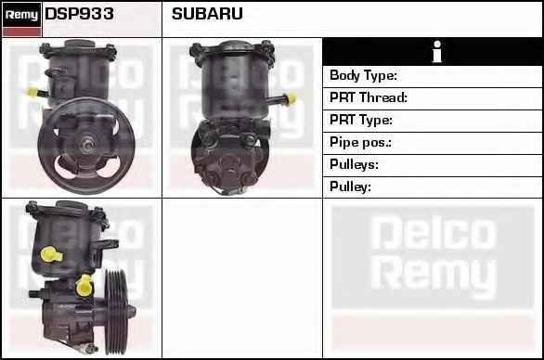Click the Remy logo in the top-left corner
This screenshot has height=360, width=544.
[22, 15]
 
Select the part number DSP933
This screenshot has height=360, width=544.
[79, 14]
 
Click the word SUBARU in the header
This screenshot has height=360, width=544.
[207, 14]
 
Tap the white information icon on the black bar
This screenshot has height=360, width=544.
[437, 52]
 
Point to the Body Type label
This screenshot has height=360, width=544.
[363, 75]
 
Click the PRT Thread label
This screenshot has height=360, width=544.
[369, 97]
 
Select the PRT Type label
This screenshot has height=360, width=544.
[361, 120]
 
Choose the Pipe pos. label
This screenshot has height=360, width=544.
[360, 142]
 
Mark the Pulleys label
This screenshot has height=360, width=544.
[354, 164]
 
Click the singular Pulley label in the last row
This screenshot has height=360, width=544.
[350, 186]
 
